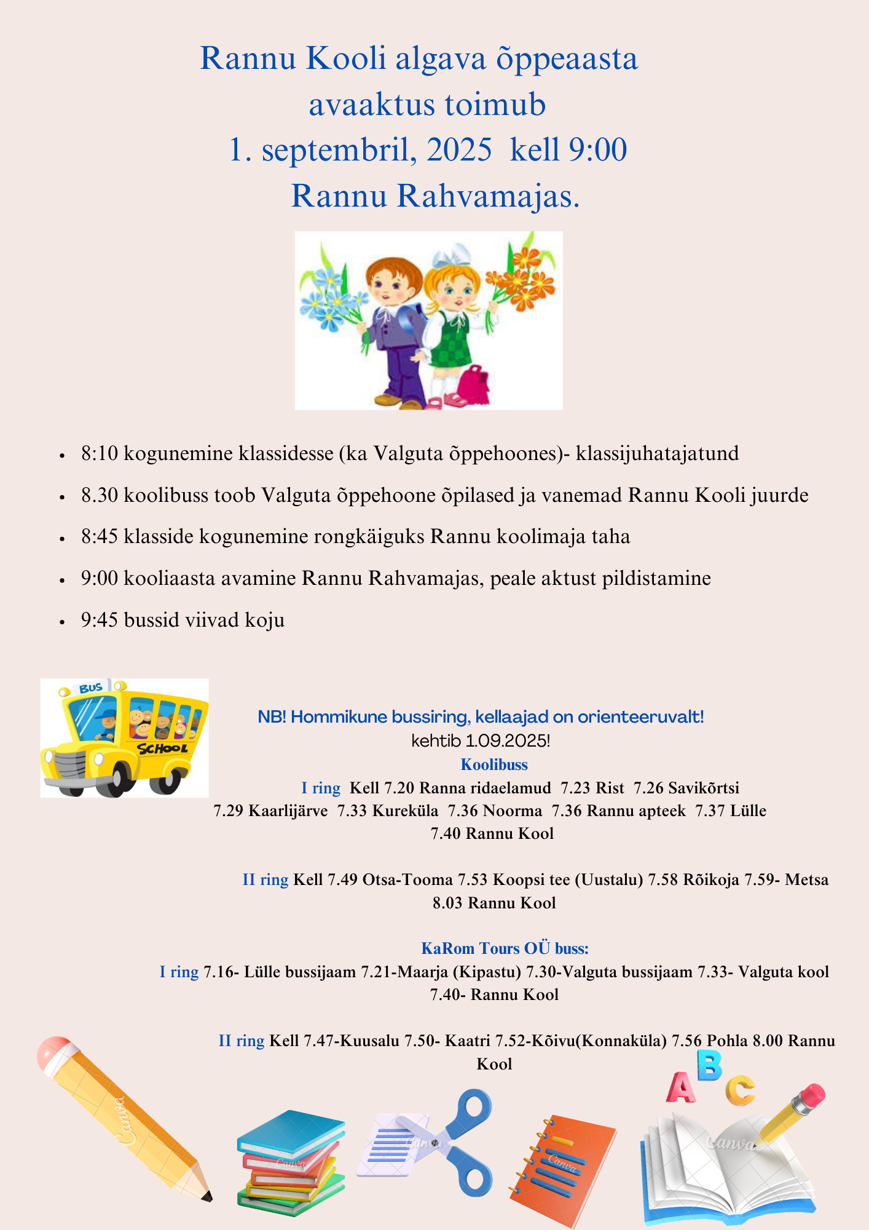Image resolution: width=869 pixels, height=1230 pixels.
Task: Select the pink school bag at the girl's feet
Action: click(471, 386)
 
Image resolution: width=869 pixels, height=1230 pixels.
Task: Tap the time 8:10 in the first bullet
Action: click(100, 454)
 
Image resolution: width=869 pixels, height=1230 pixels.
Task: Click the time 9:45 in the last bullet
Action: click(100, 620)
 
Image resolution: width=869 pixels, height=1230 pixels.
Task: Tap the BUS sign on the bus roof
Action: click(91, 688)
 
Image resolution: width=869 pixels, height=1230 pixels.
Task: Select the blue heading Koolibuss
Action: click(494, 764)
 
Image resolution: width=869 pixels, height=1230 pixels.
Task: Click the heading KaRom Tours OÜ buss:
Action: click(505, 948)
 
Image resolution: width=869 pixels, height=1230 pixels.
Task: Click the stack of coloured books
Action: click(290, 1162)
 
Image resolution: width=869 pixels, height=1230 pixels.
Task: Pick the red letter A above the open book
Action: click(680, 1087)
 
